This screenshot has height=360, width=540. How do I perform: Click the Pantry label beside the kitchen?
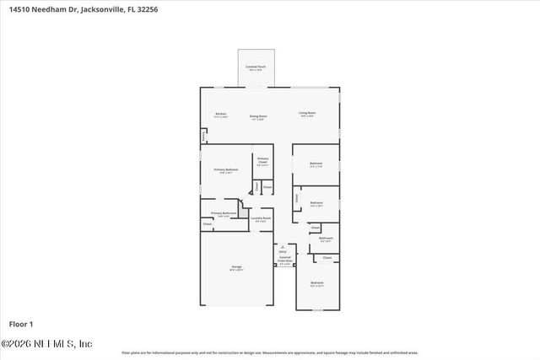click(x=202, y=135)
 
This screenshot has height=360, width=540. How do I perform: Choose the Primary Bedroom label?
click(x=225, y=169)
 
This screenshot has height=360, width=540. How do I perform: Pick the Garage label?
click(x=236, y=267)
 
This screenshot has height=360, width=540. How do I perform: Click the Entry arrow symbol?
click(x=283, y=246)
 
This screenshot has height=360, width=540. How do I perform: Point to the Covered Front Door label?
click(x=285, y=260)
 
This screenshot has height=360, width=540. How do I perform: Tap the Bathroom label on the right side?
click(x=326, y=239)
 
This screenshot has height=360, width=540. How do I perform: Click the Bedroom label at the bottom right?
click(x=316, y=282)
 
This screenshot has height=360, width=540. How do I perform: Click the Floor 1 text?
click(x=20, y=324)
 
